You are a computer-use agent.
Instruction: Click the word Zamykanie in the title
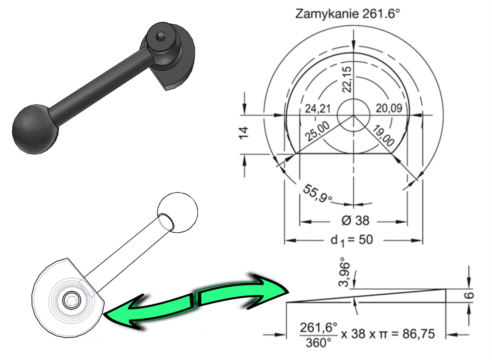327,15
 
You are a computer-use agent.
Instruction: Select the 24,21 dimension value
318,109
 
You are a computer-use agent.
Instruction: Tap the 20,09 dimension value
389,108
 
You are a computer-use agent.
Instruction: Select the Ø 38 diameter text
355,220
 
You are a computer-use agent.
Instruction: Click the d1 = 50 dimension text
352,240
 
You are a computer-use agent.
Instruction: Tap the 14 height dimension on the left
244,132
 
